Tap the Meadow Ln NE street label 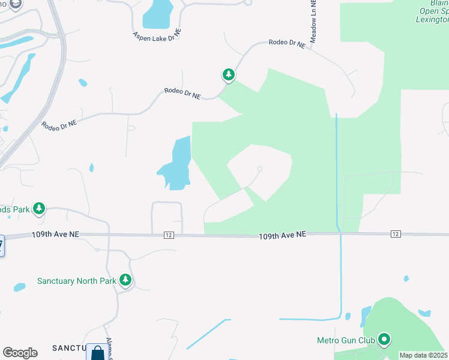pyautogui.click(x=313, y=21)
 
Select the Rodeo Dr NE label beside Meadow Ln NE pyautogui.click(x=287, y=43)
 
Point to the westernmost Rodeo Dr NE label pyautogui.click(x=59, y=124)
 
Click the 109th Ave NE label pyautogui.click(x=283, y=236)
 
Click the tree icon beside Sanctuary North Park pyautogui.click(x=125, y=280)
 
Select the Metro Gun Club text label pyautogui.click(x=346, y=340)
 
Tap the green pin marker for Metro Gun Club pyautogui.click(x=384, y=340)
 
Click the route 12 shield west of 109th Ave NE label pyautogui.click(x=169, y=235)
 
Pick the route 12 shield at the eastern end pyautogui.click(x=395, y=233)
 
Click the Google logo pyautogui.click(x=19, y=353)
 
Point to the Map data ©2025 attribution pyautogui.click(x=424, y=355)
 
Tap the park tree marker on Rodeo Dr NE pyautogui.click(x=228, y=75)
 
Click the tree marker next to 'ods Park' pyautogui.click(x=40, y=209)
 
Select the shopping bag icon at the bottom pyautogui.click(x=97, y=353)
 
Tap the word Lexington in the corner pyautogui.click(x=432, y=19)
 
